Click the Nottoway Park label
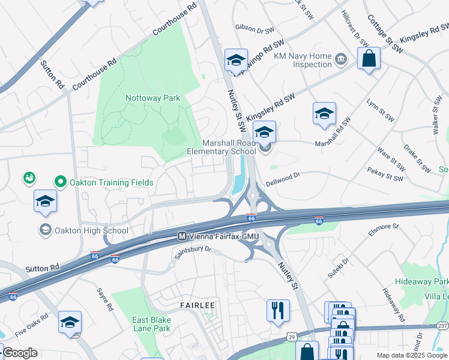152,98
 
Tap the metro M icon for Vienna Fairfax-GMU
181,236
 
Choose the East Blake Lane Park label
151,323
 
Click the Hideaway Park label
421,281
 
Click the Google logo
20,353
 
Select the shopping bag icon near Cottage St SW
369,59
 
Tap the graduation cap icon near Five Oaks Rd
70,322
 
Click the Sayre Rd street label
105,298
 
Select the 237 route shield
443,325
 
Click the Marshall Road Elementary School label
231,147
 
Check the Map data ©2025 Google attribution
412,355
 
